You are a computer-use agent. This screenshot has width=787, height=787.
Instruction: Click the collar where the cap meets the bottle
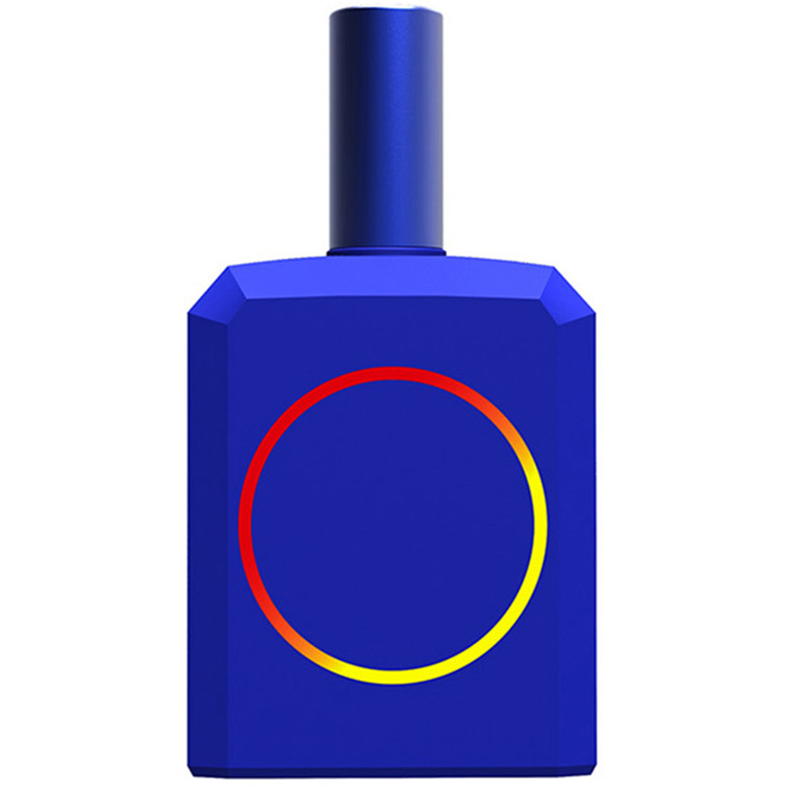[x=386, y=252]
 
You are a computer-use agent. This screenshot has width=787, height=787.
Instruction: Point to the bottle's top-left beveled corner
[x=209, y=291]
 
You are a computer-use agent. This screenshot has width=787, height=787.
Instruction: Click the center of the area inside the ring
[x=393, y=525]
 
